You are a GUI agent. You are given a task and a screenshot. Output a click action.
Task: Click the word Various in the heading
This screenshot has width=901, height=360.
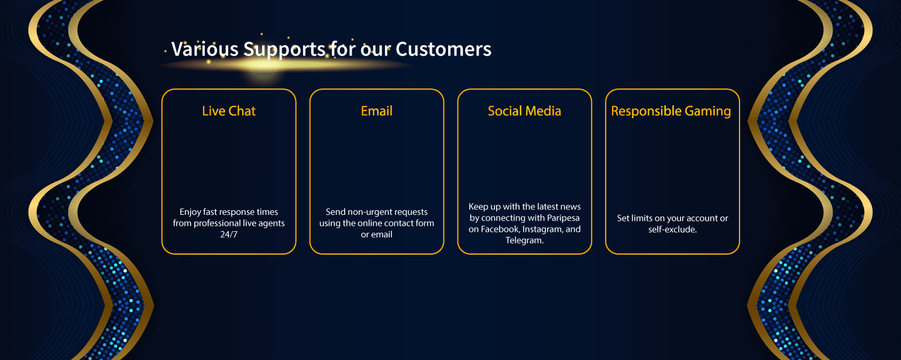[205, 49]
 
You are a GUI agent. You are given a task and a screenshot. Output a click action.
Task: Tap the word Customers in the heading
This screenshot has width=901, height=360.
[443, 49]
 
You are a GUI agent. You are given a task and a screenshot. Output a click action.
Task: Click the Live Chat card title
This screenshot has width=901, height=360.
[229, 111]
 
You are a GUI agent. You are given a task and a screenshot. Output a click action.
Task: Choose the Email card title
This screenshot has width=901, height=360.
[377, 111]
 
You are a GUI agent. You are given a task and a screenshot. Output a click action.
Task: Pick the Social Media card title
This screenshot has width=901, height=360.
[524, 111]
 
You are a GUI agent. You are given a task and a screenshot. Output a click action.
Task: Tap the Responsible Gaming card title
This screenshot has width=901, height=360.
[671, 111]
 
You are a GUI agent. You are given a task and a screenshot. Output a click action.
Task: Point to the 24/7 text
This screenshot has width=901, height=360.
[229, 235]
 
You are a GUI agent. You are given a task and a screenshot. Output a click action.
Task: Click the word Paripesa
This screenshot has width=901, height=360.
[563, 218]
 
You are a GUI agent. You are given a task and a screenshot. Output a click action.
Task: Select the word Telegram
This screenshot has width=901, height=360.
[524, 241]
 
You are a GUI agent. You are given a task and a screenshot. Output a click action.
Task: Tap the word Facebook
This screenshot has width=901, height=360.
[500, 229]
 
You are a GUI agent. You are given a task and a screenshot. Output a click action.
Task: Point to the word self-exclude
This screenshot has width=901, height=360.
[673, 229]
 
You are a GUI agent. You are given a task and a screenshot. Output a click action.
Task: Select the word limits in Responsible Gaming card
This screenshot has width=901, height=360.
[641, 218]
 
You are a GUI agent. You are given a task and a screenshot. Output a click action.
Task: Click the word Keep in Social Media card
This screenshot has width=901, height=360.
[478, 207]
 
